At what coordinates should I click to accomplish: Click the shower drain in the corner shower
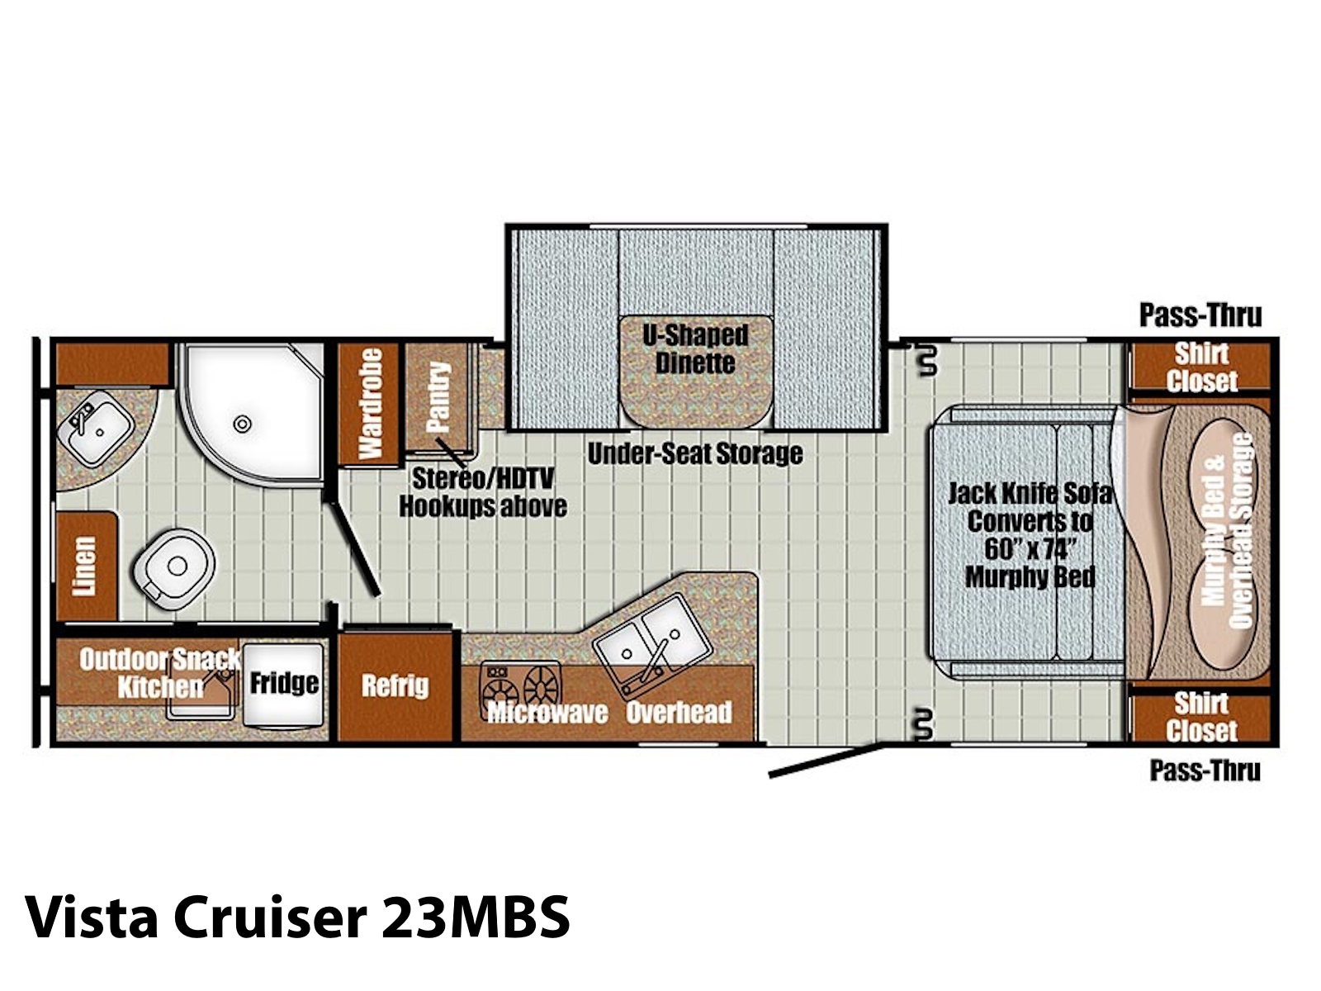[242, 424]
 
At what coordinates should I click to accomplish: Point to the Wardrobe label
[370, 403]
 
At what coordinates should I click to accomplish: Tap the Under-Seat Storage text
[695, 454]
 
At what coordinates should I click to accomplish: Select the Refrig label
[395, 686]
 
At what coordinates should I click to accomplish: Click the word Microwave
[547, 713]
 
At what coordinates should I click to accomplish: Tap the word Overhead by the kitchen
[679, 713]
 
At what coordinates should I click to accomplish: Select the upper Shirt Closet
[1201, 367]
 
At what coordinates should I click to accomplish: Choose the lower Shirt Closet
[1201, 717]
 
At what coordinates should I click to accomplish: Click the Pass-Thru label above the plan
[1200, 315]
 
